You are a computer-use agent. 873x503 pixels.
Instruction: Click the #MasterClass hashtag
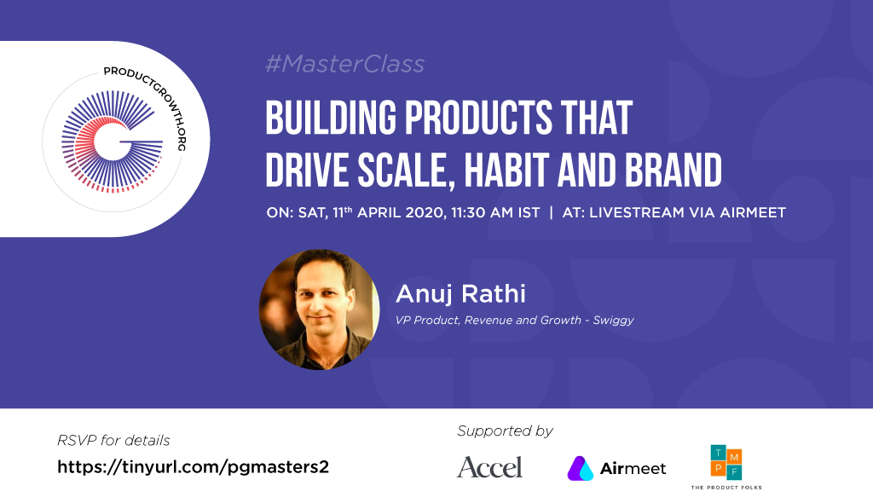345,64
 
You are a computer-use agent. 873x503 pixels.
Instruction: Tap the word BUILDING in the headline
332,119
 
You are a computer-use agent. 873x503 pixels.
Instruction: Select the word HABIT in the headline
506,170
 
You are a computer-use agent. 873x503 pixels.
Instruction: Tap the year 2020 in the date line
425,213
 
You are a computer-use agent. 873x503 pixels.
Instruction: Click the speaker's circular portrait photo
320,309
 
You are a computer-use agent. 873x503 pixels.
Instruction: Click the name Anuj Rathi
460,293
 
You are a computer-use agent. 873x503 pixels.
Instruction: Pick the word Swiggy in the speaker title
614,321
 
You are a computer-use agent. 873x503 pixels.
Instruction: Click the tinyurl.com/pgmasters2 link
194,467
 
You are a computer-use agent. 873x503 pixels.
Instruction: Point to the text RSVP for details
113,441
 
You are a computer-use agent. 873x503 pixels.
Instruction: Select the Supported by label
505,431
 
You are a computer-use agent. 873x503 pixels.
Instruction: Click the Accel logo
490,467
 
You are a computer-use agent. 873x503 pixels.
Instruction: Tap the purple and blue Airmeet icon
580,468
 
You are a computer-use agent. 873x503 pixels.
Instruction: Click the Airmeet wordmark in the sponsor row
633,469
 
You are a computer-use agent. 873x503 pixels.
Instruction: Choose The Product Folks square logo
726,462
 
